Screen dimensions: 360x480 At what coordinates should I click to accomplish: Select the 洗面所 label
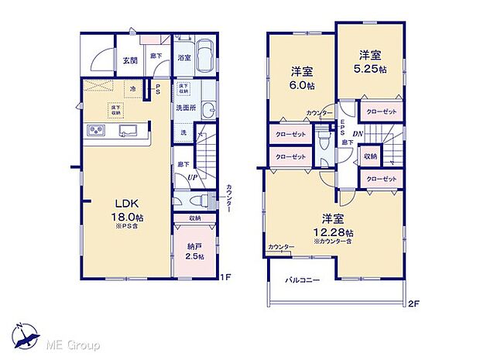tap(183, 107)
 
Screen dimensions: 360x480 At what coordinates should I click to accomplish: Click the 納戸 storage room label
tap(194, 245)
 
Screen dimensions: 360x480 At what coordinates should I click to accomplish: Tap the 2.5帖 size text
tap(194, 256)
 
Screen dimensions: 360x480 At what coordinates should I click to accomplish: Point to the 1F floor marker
tap(225, 276)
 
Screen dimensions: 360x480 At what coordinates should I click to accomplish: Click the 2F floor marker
tap(413, 303)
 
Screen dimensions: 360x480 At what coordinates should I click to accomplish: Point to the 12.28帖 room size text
tap(334, 232)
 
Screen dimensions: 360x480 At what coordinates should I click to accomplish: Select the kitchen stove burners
tap(97, 130)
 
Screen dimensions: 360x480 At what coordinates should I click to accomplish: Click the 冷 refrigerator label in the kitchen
tap(132, 88)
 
